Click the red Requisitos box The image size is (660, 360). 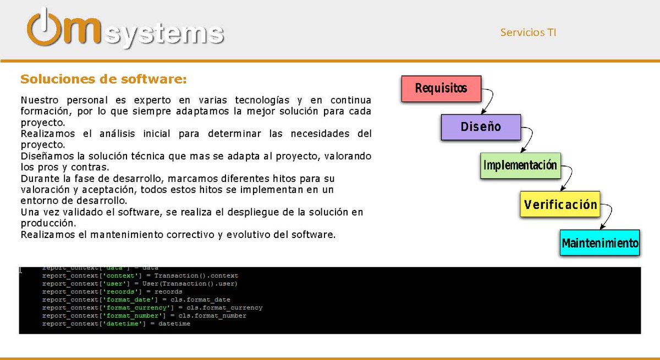point(441,88)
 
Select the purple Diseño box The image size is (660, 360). point(480,127)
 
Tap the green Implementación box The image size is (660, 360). point(520,165)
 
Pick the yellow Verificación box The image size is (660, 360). point(560,204)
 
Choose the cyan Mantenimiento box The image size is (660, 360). point(599,242)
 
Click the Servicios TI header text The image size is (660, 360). point(528,32)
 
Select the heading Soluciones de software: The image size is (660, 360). point(103,79)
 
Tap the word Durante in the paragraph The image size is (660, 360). point(37,179)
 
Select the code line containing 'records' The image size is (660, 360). point(112,292)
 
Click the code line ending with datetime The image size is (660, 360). point(116,324)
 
